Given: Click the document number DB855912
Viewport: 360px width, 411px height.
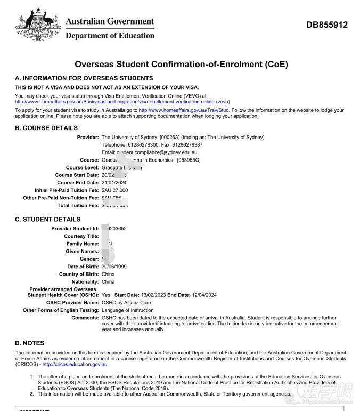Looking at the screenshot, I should click(x=327, y=25).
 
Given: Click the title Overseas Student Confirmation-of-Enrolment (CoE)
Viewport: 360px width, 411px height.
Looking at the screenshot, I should click(x=181, y=65).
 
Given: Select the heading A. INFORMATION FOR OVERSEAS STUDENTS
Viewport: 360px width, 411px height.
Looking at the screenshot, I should click(x=84, y=78).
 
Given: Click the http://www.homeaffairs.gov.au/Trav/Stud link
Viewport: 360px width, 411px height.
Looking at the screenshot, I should click(x=184, y=110).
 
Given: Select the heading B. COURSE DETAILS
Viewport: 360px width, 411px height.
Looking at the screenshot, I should click(x=46, y=128).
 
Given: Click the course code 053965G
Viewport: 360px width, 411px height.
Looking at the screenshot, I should click(x=189, y=160).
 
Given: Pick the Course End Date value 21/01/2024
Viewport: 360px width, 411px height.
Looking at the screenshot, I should click(x=114, y=182).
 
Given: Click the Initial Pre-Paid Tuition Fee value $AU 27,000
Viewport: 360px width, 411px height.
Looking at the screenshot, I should click(x=114, y=190).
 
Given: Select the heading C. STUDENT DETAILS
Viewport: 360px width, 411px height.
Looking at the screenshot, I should click(x=48, y=219).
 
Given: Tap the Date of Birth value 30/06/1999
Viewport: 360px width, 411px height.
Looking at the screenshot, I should click(x=115, y=267).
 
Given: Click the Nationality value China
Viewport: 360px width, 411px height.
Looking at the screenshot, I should click(x=108, y=281).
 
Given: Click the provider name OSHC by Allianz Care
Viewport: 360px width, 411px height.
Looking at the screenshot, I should click(x=126, y=302).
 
